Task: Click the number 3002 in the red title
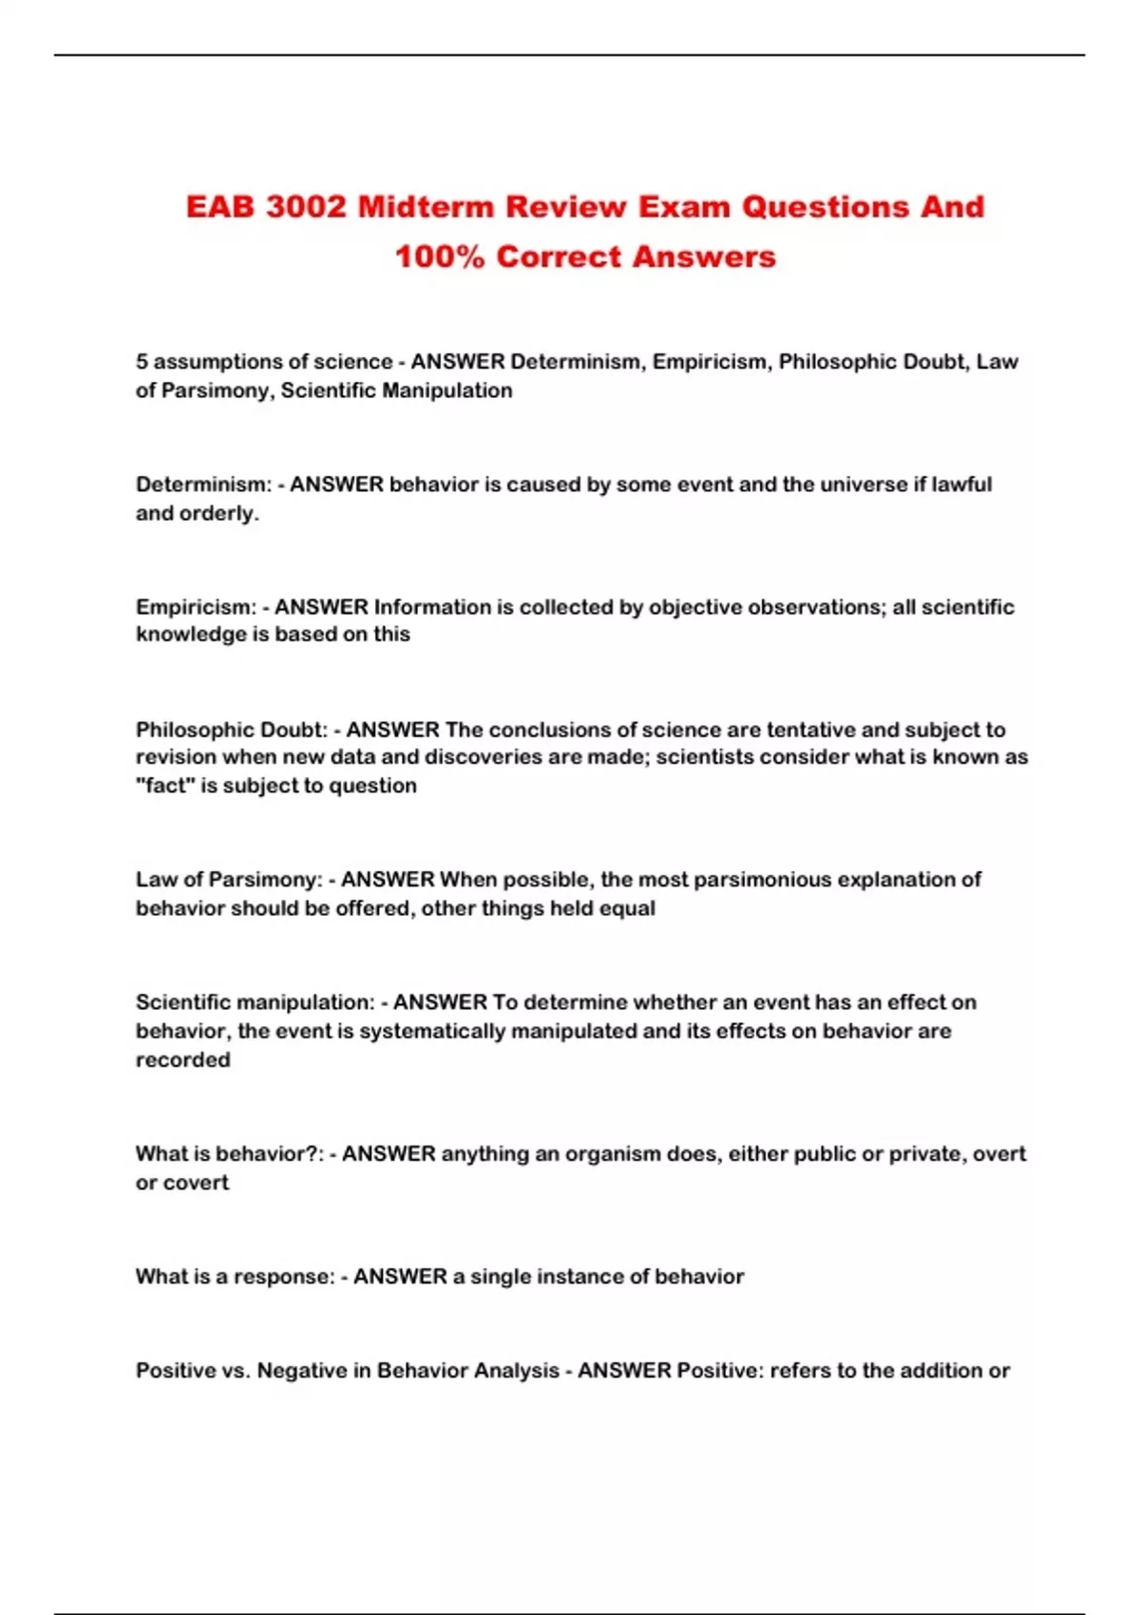click(x=306, y=207)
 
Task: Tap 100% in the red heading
click(x=440, y=256)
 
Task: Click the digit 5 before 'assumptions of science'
click(x=142, y=362)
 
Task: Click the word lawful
click(x=961, y=484)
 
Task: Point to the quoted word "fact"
click(x=165, y=786)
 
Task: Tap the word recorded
click(x=182, y=1059)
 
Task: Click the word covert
click(x=195, y=1183)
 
